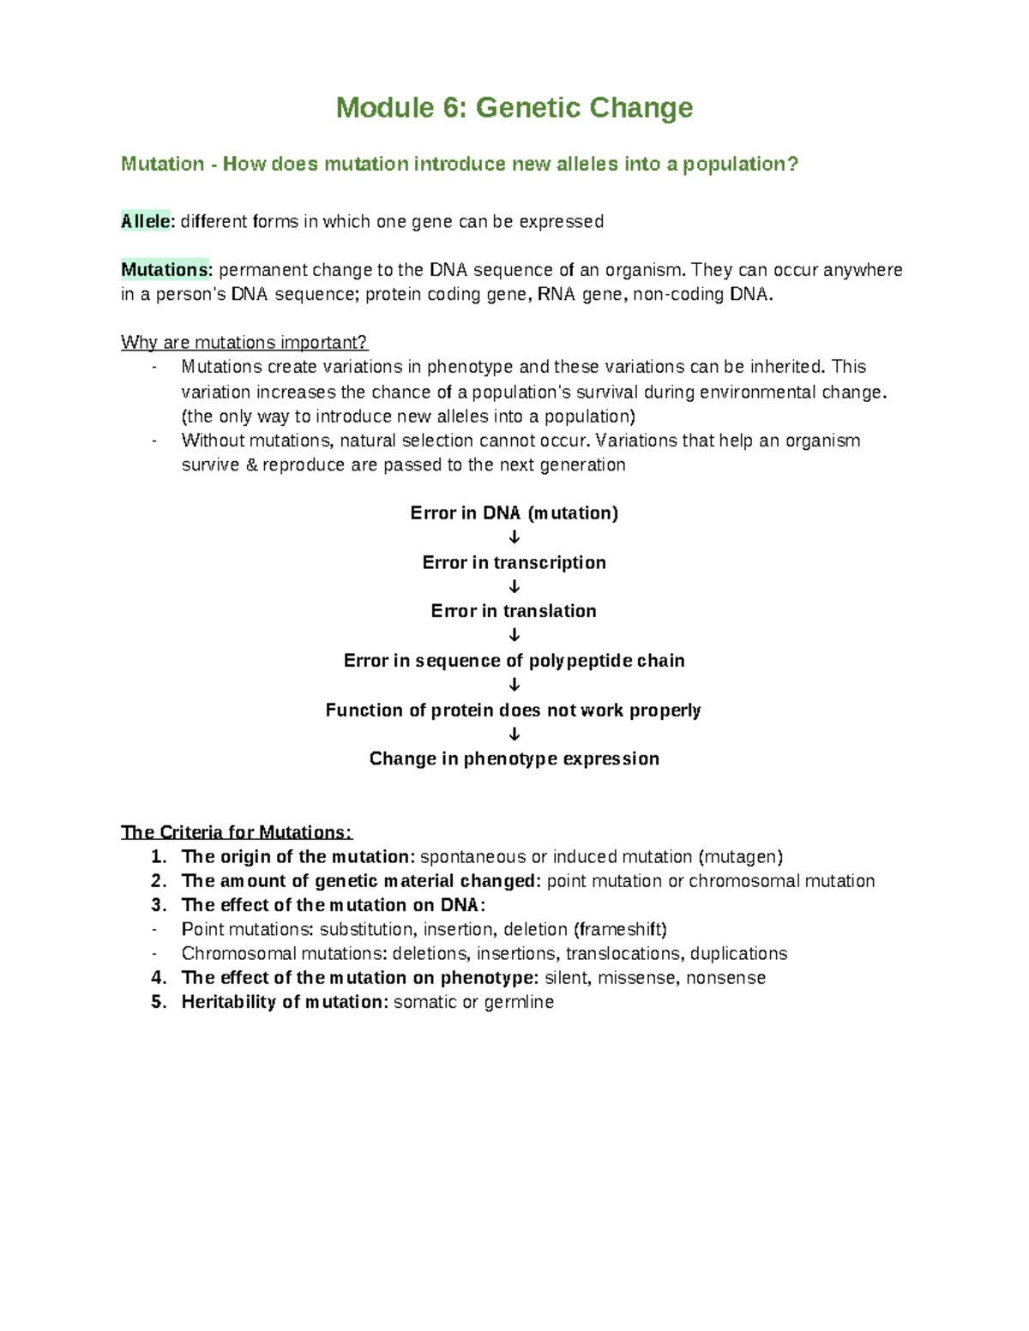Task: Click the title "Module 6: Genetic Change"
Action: (514, 108)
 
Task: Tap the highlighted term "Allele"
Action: (146, 221)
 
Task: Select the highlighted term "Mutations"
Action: (164, 270)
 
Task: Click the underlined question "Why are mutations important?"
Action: (244, 343)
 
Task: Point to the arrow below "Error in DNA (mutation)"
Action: (514, 537)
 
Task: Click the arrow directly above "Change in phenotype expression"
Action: (514, 734)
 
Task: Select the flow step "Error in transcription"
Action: (514, 562)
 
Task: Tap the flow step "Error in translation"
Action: (514, 611)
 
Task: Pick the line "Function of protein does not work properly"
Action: (514, 710)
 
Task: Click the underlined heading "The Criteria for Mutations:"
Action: (237, 832)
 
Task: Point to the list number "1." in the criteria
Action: (159, 857)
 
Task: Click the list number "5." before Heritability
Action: (159, 1002)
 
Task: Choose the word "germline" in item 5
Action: (519, 1003)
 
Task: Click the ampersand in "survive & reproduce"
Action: (251, 465)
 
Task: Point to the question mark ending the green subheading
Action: (792, 164)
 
